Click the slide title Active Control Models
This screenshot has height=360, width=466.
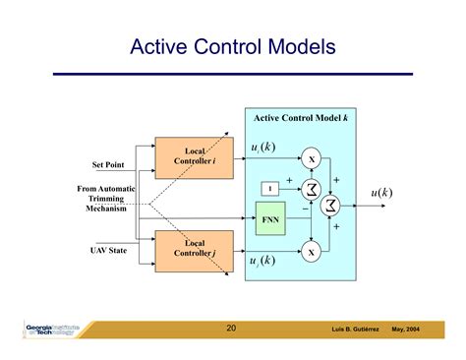click(233, 46)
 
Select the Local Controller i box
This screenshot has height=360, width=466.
click(194, 156)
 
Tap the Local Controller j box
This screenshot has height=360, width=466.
click(194, 248)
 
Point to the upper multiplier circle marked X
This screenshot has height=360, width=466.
click(312, 159)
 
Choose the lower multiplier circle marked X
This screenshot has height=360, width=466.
click(312, 253)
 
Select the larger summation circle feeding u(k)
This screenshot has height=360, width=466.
click(331, 204)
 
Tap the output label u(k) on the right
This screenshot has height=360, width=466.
click(380, 193)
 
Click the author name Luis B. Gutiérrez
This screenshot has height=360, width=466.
click(353, 330)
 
